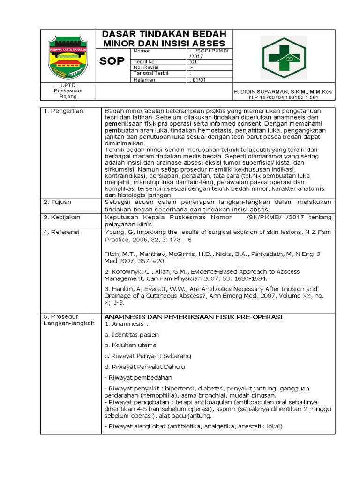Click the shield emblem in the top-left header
(x=68, y=56)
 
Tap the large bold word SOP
(x=112, y=61)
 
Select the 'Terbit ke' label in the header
(x=144, y=62)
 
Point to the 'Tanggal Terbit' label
(x=150, y=73)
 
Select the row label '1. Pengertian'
(x=63, y=111)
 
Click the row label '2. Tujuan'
(x=58, y=202)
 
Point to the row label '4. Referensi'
(x=61, y=232)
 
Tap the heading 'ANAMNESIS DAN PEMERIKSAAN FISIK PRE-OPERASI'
(x=194, y=317)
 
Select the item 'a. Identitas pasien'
(x=132, y=335)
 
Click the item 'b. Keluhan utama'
(x=131, y=345)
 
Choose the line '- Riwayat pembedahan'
(x=139, y=377)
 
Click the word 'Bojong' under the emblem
(x=68, y=97)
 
